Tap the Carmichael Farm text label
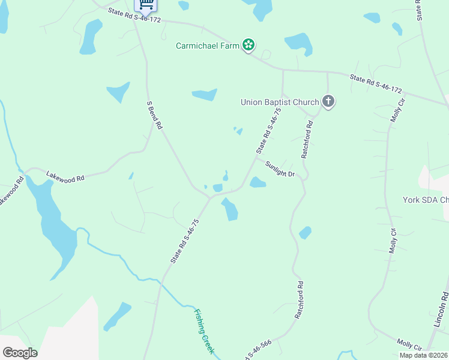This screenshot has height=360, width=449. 208,45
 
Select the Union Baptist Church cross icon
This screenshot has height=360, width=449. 328,101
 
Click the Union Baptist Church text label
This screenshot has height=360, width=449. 279,102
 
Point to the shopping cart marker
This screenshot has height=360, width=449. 146,4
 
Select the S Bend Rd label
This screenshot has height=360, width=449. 154,115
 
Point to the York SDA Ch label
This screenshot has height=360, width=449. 426,200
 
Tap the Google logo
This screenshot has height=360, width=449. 20,353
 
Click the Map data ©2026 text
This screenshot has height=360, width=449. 423,355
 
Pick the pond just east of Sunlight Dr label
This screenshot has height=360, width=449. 258,182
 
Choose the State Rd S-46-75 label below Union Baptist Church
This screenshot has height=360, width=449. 268,130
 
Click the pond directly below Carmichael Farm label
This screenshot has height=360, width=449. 204,94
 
